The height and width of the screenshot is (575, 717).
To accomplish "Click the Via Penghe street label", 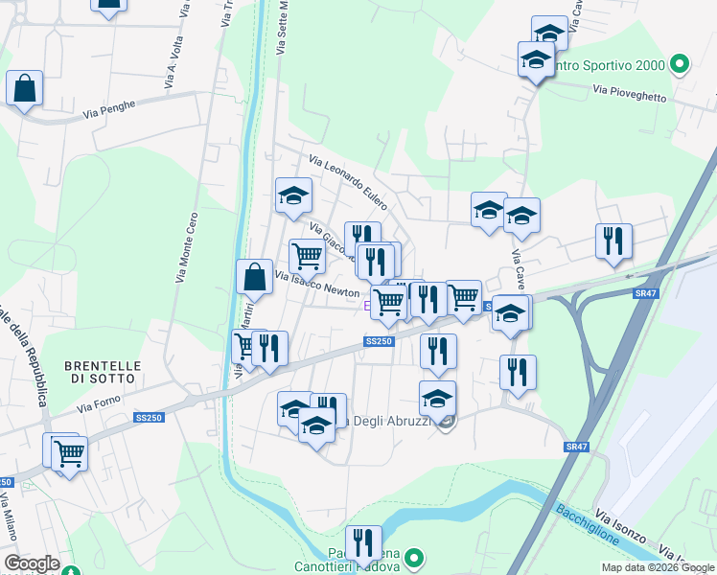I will point(107,106).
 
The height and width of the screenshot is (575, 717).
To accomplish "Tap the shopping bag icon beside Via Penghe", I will point(24,88).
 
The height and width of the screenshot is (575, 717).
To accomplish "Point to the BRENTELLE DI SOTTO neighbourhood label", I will point(103,372).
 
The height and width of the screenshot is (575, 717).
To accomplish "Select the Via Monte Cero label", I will point(186,247).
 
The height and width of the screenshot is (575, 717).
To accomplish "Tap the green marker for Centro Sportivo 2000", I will point(680,65).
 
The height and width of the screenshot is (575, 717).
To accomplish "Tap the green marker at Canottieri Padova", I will point(414,557).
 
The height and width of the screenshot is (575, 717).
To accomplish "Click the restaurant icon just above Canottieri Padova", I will point(363,543).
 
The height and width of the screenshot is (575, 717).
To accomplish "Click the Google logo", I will point(32,563).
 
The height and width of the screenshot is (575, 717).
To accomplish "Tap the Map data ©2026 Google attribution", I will point(658,567).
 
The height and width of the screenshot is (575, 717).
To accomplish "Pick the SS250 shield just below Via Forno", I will point(149,418).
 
